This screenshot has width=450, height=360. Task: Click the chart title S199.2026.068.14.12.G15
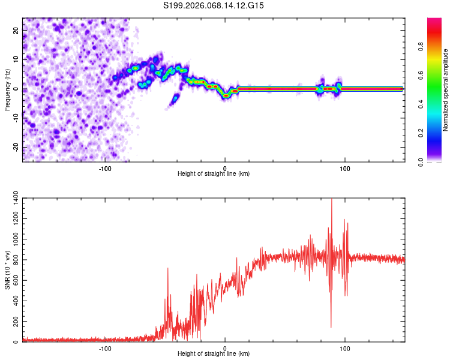pos(214,5)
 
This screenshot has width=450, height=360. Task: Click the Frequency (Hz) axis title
pos(7,90)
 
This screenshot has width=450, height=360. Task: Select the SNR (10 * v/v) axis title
pos(7,269)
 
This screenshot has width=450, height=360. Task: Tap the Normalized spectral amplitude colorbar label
pos(446,91)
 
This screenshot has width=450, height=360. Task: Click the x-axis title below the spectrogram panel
pos(214,173)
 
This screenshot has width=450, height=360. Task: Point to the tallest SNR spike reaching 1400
pos(332,200)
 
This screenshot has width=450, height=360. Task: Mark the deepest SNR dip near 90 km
pos(331,327)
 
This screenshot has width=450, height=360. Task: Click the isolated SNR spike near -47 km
pos(168,269)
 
